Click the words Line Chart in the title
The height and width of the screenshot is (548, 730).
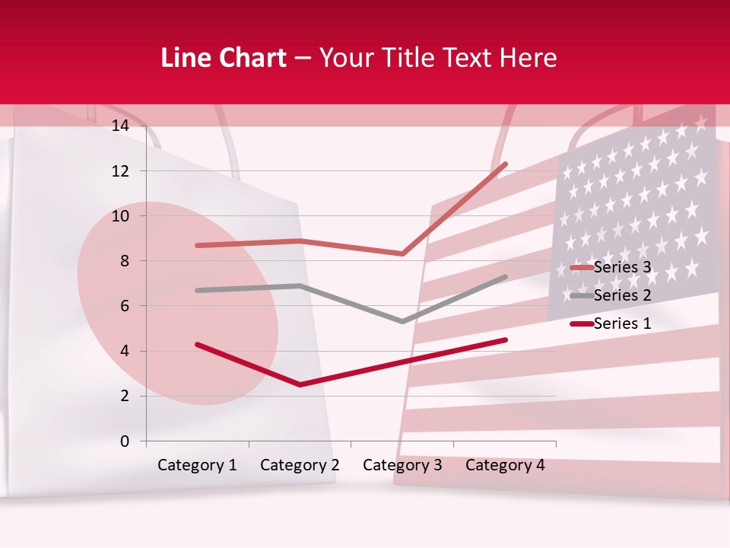point(224,58)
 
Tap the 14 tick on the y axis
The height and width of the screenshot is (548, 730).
point(120,126)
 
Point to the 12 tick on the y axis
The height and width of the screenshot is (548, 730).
point(120,171)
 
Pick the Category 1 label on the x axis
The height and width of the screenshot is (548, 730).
point(197,465)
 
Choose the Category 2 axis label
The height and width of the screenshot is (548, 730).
point(300,465)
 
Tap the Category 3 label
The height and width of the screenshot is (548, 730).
point(402,465)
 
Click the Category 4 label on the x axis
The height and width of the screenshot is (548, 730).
point(505,465)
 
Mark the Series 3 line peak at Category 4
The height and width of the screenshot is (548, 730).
point(506,164)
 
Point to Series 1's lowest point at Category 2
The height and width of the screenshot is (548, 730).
point(300,384)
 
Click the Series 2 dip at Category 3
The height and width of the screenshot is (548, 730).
point(402,321)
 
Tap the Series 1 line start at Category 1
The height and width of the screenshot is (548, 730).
point(197,344)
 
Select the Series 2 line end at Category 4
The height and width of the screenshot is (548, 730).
point(506,277)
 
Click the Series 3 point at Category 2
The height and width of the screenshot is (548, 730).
point(300,241)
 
